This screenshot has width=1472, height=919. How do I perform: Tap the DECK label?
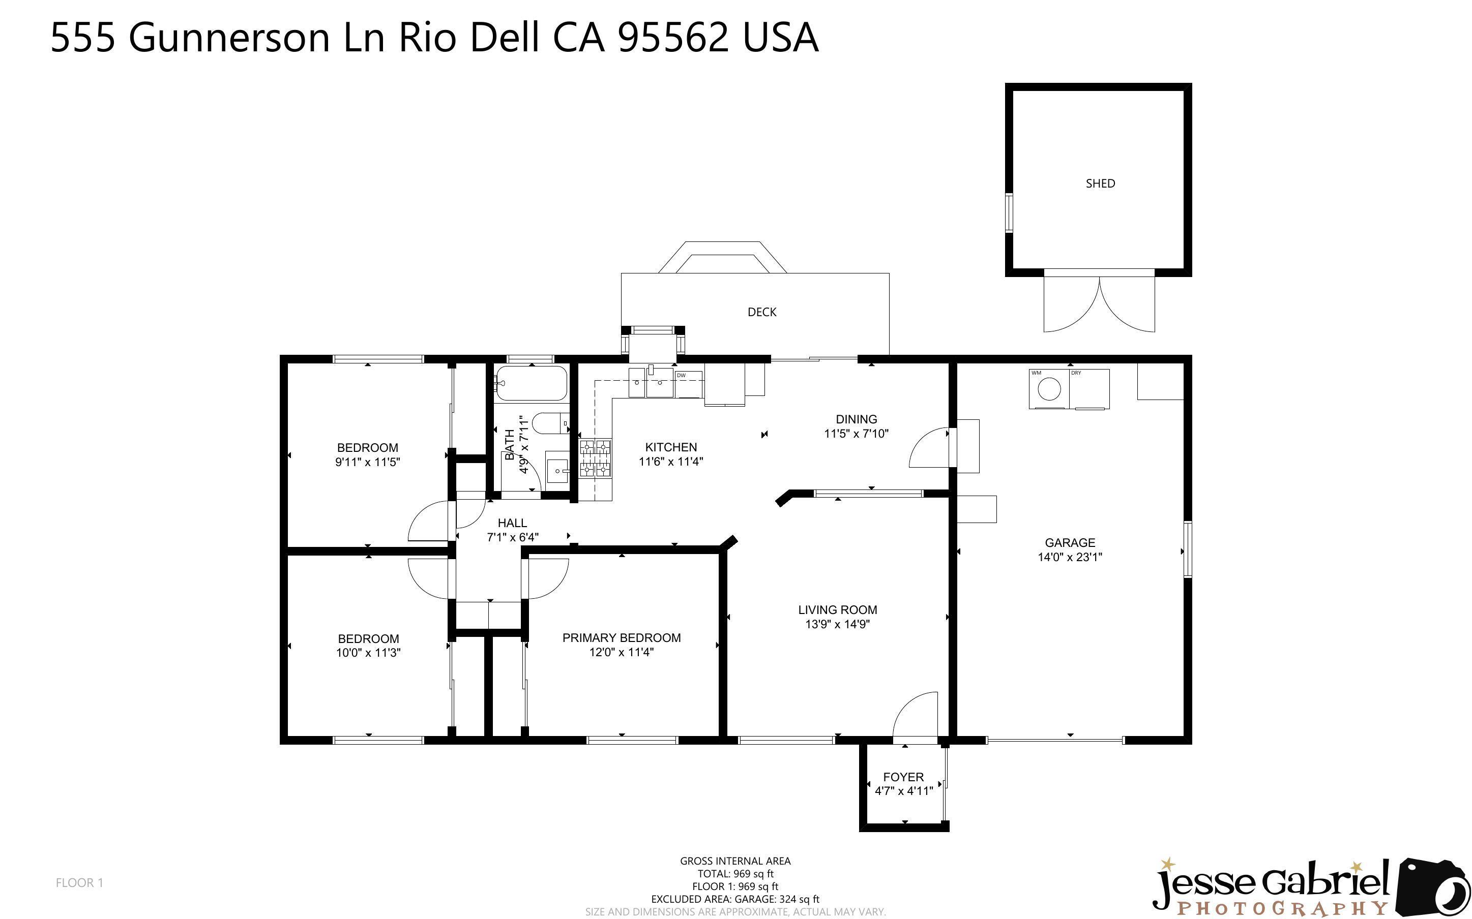click(x=762, y=312)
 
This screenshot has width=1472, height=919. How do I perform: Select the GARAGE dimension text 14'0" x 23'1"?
click(x=1070, y=557)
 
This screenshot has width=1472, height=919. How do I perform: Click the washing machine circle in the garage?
click(x=1049, y=388)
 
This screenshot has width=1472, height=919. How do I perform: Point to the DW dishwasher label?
click(x=681, y=376)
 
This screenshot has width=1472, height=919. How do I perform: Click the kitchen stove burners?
click(x=595, y=457)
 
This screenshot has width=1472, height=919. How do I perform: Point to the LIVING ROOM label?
click(x=837, y=609)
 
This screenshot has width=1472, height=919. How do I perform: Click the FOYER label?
click(x=903, y=777)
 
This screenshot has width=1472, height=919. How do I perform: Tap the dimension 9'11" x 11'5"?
click(x=367, y=462)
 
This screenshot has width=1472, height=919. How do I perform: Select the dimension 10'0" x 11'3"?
click(x=368, y=653)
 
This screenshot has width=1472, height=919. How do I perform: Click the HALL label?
click(x=512, y=523)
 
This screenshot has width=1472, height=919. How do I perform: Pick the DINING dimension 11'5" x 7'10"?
click(x=856, y=434)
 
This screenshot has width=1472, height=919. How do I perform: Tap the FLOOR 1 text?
click(x=79, y=882)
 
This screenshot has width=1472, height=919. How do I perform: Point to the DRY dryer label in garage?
click(x=1076, y=373)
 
